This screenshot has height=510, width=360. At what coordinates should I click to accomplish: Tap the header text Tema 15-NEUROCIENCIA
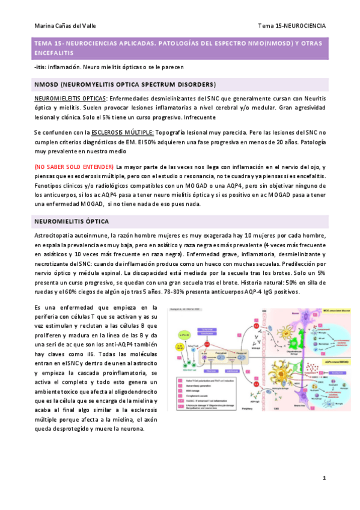point(291,26)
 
